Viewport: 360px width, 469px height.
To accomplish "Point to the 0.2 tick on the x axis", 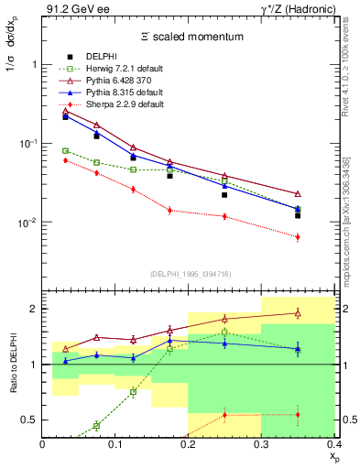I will (x=189, y=444).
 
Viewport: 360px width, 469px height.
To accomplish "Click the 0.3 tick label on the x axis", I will (x=261, y=444).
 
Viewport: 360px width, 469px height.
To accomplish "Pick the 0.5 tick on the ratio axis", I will (x=30, y=420).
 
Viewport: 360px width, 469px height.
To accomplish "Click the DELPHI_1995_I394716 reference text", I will (x=189, y=274).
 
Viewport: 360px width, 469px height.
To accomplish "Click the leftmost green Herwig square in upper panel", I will (x=65, y=151).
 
